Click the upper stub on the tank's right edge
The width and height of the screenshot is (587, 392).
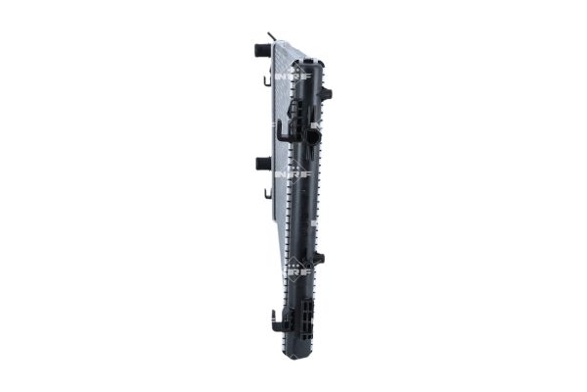point(327,94)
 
